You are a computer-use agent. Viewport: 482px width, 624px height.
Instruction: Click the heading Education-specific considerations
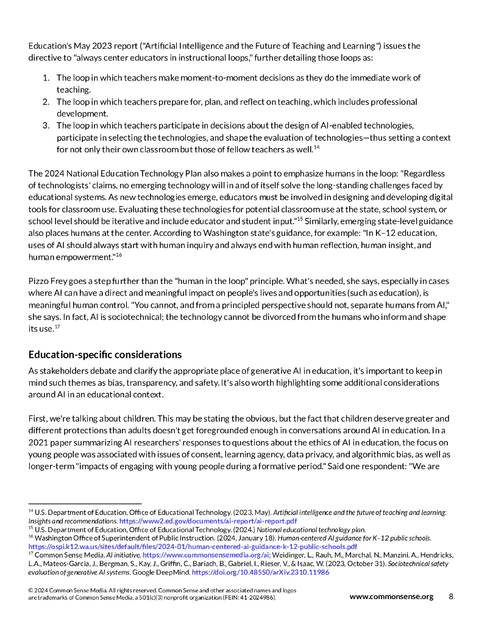pos(105,355)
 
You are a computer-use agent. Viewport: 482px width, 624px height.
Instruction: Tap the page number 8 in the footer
pos(451,597)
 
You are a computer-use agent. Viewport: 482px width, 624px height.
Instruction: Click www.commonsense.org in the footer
pos(391,597)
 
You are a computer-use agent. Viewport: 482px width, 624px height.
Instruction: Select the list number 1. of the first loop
pos(46,78)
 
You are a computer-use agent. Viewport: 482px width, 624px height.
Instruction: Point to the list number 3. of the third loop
pos(46,126)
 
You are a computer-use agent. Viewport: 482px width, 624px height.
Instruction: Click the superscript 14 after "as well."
pos(317,147)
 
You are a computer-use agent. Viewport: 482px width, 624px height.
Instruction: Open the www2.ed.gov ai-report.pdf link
pos(208,522)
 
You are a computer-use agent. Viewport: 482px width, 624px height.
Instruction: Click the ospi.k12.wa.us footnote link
pos(193,547)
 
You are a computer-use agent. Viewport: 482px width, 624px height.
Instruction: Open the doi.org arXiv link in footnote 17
pos(260,573)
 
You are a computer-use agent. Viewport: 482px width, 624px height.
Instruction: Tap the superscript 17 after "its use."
pos(57,327)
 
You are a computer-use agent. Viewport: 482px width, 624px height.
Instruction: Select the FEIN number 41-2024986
pos(257,598)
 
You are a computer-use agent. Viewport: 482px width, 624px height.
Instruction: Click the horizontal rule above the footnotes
pos(85,504)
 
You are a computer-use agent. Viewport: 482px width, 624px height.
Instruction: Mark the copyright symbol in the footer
pos(31,591)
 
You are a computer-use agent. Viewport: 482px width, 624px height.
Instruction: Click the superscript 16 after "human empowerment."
pos(119,255)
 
